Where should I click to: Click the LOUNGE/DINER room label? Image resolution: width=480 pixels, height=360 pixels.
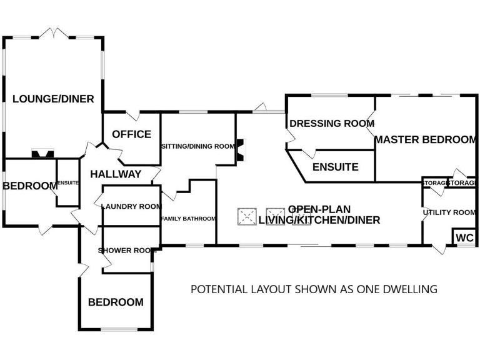(x=53, y=99)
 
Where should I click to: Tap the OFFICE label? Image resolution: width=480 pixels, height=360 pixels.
(x=131, y=134)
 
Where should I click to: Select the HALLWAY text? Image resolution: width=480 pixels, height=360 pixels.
(x=116, y=174)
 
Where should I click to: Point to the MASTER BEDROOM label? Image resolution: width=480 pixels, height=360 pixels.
(x=426, y=139)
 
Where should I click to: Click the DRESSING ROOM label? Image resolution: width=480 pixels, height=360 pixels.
(x=332, y=123)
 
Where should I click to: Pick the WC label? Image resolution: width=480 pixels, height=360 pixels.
(x=464, y=238)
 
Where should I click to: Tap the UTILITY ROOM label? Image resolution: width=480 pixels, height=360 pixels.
(x=449, y=212)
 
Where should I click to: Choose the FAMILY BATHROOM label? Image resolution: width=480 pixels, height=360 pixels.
(x=188, y=219)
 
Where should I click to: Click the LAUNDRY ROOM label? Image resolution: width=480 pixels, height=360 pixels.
(x=131, y=206)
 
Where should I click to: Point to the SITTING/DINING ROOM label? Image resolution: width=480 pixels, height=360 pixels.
(x=197, y=146)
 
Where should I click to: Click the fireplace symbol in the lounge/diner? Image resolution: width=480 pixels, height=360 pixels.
(x=43, y=152)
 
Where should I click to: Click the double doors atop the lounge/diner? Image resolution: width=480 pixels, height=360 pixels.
(x=54, y=32)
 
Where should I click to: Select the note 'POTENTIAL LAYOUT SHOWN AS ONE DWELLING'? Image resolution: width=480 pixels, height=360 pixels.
(x=313, y=289)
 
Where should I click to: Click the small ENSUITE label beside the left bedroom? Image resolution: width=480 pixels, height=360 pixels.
(x=67, y=182)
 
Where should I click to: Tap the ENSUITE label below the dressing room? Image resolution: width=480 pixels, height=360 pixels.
(x=335, y=167)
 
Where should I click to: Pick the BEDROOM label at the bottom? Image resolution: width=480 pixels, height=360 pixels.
(x=116, y=302)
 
